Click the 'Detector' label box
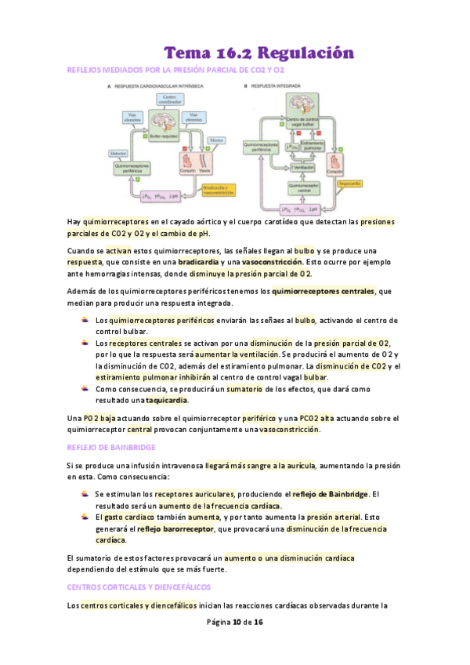pos(119,153)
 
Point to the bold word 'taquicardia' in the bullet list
pos(166,400)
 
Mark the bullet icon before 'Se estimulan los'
pos(85,494)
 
